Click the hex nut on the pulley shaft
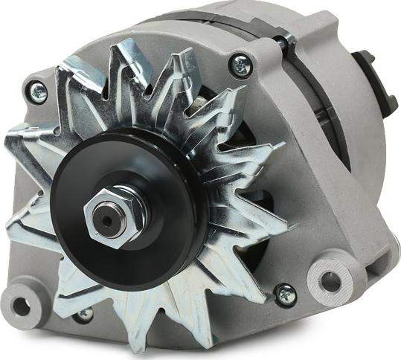click(112, 217)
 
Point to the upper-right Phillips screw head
click(240, 66)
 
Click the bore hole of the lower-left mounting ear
click(22, 305)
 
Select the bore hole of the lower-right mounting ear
click(330, 282)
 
